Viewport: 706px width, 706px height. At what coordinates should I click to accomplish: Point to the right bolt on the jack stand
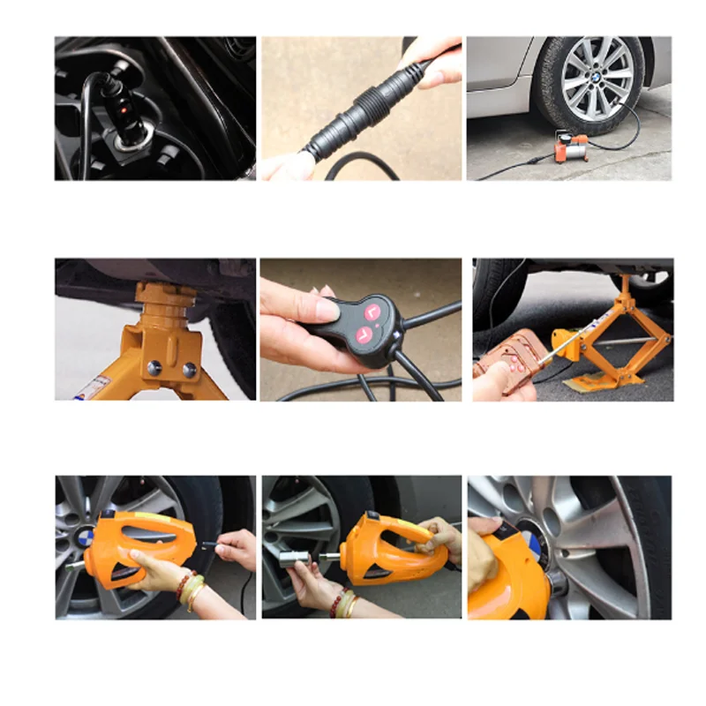coord(188,368)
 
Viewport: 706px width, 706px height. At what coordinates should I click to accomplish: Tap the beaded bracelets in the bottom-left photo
coord(189,589)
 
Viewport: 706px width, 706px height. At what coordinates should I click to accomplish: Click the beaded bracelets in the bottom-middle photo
coord(343,603)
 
